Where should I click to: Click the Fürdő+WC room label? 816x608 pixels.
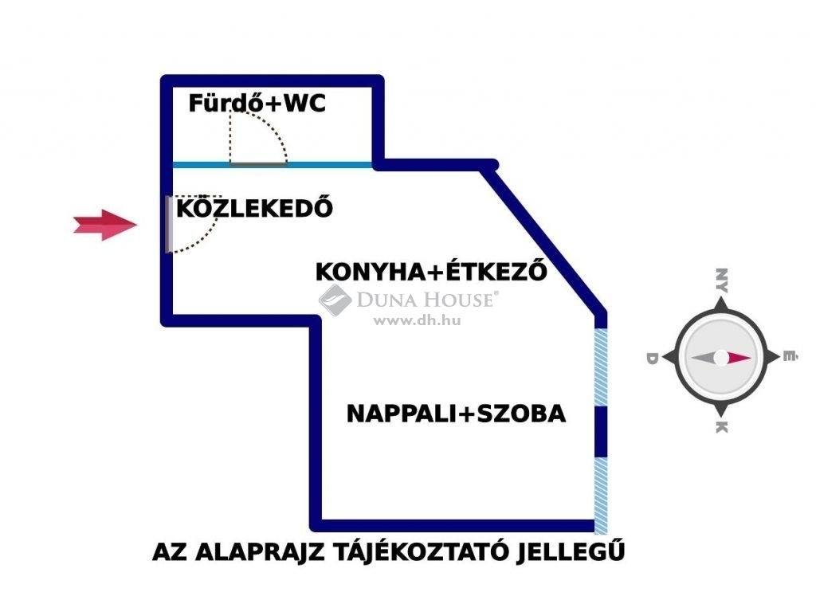pos(257,103)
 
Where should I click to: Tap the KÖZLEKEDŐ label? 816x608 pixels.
pos(254,208)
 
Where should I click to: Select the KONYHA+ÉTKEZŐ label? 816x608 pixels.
pos(431,271)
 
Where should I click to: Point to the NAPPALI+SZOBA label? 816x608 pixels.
pos(456,414)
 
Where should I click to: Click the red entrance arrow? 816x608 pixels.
pos(105,225)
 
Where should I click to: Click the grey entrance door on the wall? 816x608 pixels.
pos(169,225)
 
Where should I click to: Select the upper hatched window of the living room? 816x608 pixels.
pos(601,367)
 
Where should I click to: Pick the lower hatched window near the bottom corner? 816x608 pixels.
pos(601,496)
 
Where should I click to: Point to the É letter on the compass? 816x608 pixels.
pos(790,356)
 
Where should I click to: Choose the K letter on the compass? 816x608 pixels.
pos(721,427)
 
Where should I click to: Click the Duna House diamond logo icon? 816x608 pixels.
pos(335,300)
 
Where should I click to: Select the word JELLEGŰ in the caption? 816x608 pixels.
pos(570,550)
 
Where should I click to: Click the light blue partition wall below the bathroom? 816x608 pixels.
pos(273,165)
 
